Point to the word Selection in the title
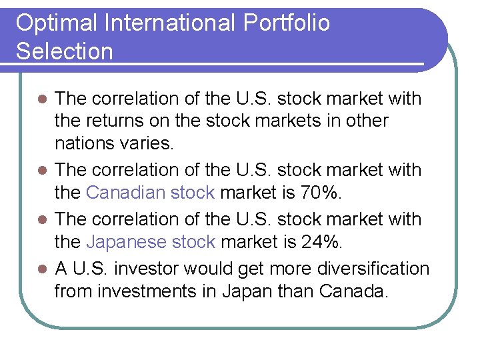(x=65, y=52)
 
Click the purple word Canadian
(x=125, y=193)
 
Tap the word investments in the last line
(x=156, y=291)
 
